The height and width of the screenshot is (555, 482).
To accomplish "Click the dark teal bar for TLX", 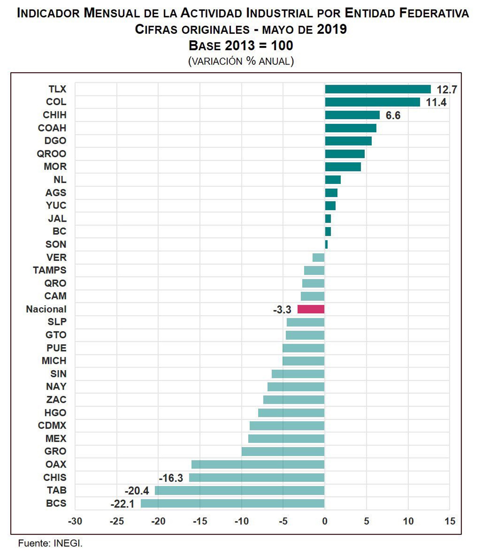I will pyautogui.click(x=377, y=89).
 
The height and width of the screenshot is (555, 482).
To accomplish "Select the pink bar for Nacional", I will pyautogui.click(x=311, y=309).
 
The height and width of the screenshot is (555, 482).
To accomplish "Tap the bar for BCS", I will pyautogui.click(x=232, y=503).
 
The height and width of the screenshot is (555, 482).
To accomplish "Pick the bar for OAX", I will pyautogui.click(x=258, y=464).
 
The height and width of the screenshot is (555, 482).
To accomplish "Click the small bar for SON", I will pyautogui.click(x=326, y=244).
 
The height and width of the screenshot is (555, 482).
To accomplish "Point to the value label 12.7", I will pyautogui.click(x=447, y=89).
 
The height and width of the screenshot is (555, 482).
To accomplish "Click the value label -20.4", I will pyautogui.click(x=137, y=491).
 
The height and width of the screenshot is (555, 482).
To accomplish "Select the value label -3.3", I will pyautogui.click(x=282, y=310).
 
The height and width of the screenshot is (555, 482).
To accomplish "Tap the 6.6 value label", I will pyautogui.click(x=393, y=115).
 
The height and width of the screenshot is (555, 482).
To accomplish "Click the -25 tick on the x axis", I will pyautogui.click(x=117, y=521).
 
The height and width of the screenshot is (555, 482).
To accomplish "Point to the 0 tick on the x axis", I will pyautogui.click(x=325, y=521).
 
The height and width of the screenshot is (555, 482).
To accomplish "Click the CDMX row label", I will pyautogui.click(x=52, y=426).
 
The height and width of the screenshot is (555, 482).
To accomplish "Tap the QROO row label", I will pyautogui.click(x=51, y=154).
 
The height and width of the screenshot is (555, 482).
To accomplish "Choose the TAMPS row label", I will pyautogui.click(x=50, y=270).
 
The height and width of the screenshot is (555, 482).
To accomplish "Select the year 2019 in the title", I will pyautogui.click(x=332, y=29).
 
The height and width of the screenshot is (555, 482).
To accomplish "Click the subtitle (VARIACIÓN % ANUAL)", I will pyautogui.click(x=241, y=61).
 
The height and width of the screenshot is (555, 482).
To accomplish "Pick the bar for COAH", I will pyautogui.click(x=350, y=128).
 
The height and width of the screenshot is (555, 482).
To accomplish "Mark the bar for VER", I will pyautogui.click(x=318, y=257).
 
